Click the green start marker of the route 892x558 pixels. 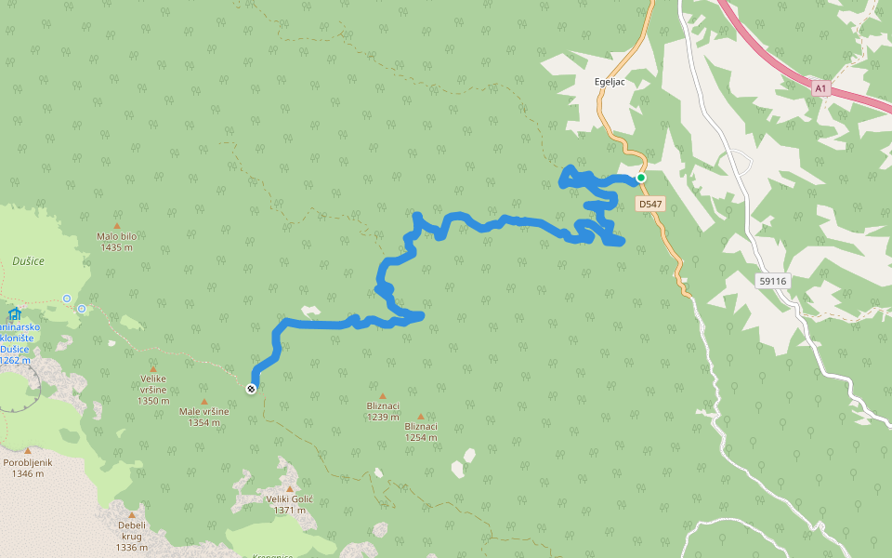click(x=640, y=178)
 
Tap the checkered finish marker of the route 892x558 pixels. click(x=251, y=389)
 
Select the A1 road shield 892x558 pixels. click(x=820, y=88)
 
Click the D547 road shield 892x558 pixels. click(x=650, y=204)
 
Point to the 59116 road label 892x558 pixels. click(x=771, y=280)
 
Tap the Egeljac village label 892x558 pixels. click(x=612, y=81)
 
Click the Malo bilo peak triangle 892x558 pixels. click(x=117, y=225)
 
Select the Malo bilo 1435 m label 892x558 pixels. click(x=116, y=242)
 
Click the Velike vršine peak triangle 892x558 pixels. click(x=153, y=368)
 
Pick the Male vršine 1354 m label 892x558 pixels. click(x=203, y=417)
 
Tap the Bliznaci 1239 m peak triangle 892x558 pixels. click(x=382, y=396)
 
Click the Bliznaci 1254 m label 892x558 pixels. click(x=421, y=432)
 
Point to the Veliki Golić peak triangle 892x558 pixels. click(x=289, y=488)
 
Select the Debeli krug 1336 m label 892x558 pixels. click(x=131, y=536)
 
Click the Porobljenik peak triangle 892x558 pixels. click(x=27, y=451)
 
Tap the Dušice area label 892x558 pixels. click(x=28, y=261)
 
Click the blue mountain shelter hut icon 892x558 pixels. click(x=13, y=313)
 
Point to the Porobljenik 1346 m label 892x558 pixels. click(x=28, y=468)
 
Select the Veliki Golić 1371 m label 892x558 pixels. click(x=289, y=505)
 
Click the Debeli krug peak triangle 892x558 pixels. click(x=131, y=515)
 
